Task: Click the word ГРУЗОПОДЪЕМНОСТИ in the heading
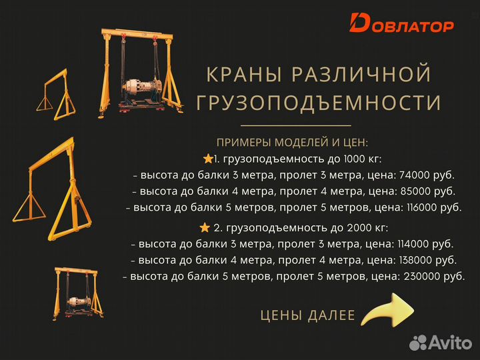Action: [x=318, y=103]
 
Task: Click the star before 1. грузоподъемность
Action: [x=208, y=159]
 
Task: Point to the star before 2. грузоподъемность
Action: [x=205, y=227]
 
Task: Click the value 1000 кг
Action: [x=360, y=159]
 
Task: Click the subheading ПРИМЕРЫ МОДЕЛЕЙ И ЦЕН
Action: [x=292, y=143]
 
